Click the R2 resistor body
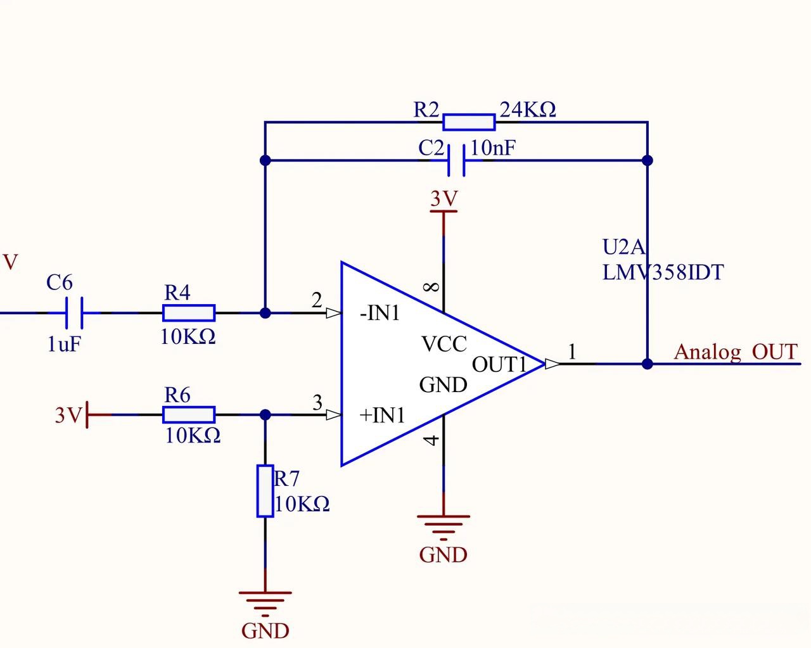tap(469, 122)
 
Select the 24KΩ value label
tap(528, 110)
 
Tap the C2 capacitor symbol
tap(456, 160)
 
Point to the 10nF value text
tap(493, 148)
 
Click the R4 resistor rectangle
tap(189, 313)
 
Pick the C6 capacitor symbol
tap(74, 313)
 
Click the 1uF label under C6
tap(64, 344)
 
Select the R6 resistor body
tap(189, 415)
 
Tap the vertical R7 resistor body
tap(265, 491)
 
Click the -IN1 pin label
tap(380, 313)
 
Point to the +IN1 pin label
tap(382, 415)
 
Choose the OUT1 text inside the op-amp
tap(499, 364)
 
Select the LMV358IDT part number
tap(663, 272)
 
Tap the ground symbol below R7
tap(265, 604)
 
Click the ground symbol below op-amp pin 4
tap(443, 528)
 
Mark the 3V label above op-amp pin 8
tap(444, 198)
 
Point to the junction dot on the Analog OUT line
tap(648, 364)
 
